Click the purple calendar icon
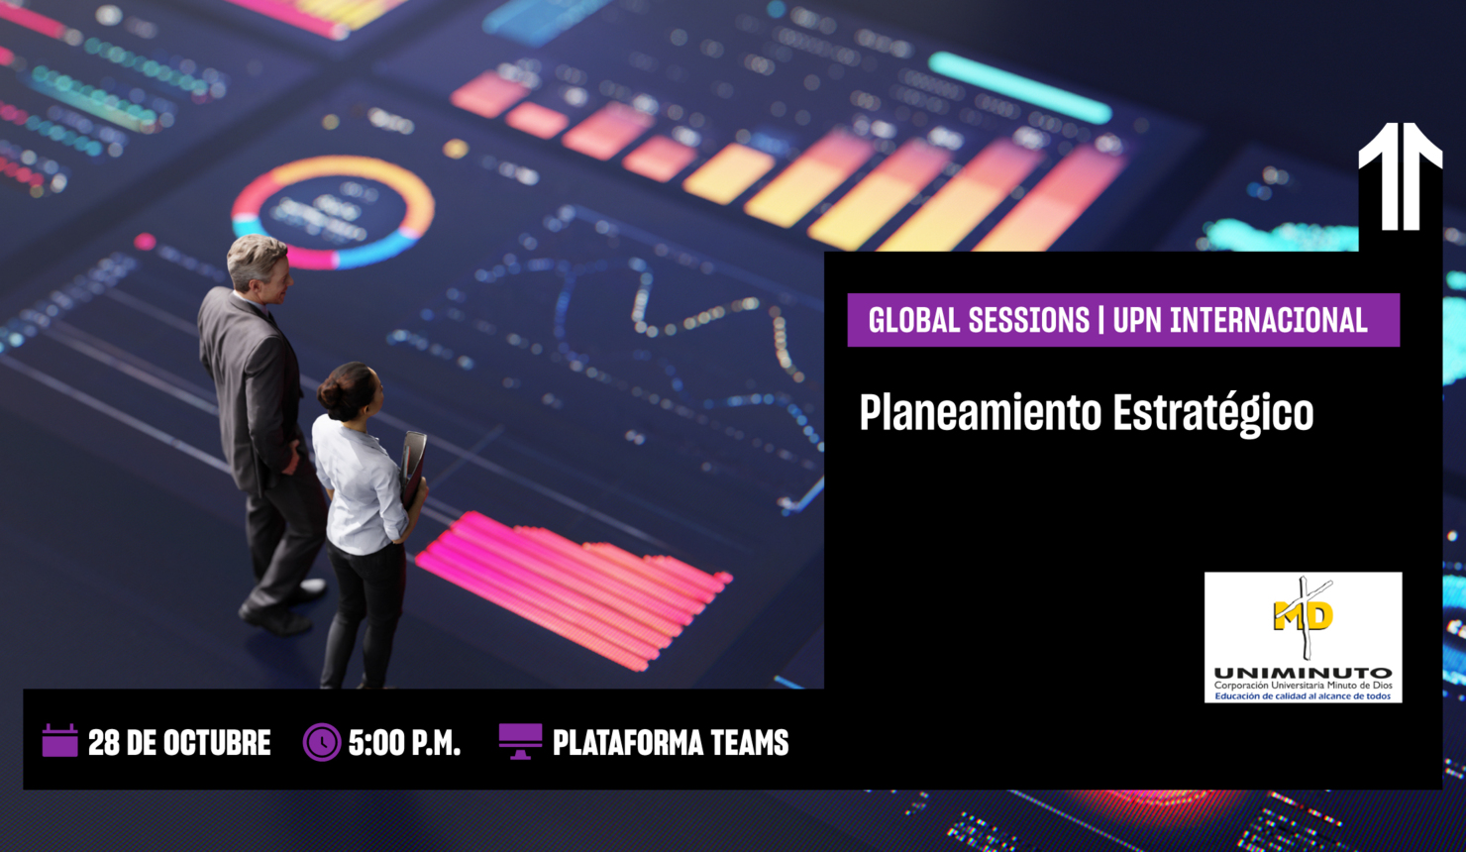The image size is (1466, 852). (x=59, y=741)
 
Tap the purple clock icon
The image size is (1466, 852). (x=321, y=742)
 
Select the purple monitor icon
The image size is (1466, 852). (x=520, y=740)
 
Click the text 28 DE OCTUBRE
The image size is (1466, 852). (x=179, y=743)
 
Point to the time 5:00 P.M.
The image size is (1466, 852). (x=404, y=743)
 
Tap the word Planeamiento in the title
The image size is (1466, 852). (x=980, y=413)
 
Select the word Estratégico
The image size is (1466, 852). (x=1213, y=413)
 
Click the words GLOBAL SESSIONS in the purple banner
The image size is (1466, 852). (x=979, y=321)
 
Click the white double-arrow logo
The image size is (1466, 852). (x=1400, y=176)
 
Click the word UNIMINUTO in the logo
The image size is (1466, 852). (x=1303, y=673)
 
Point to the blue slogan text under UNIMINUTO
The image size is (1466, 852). (x=1303, y=696)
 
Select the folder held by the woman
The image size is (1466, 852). (x=413, y=466)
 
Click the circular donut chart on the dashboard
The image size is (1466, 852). (x=333, y=212)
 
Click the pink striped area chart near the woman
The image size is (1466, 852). (x=575, y=585)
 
